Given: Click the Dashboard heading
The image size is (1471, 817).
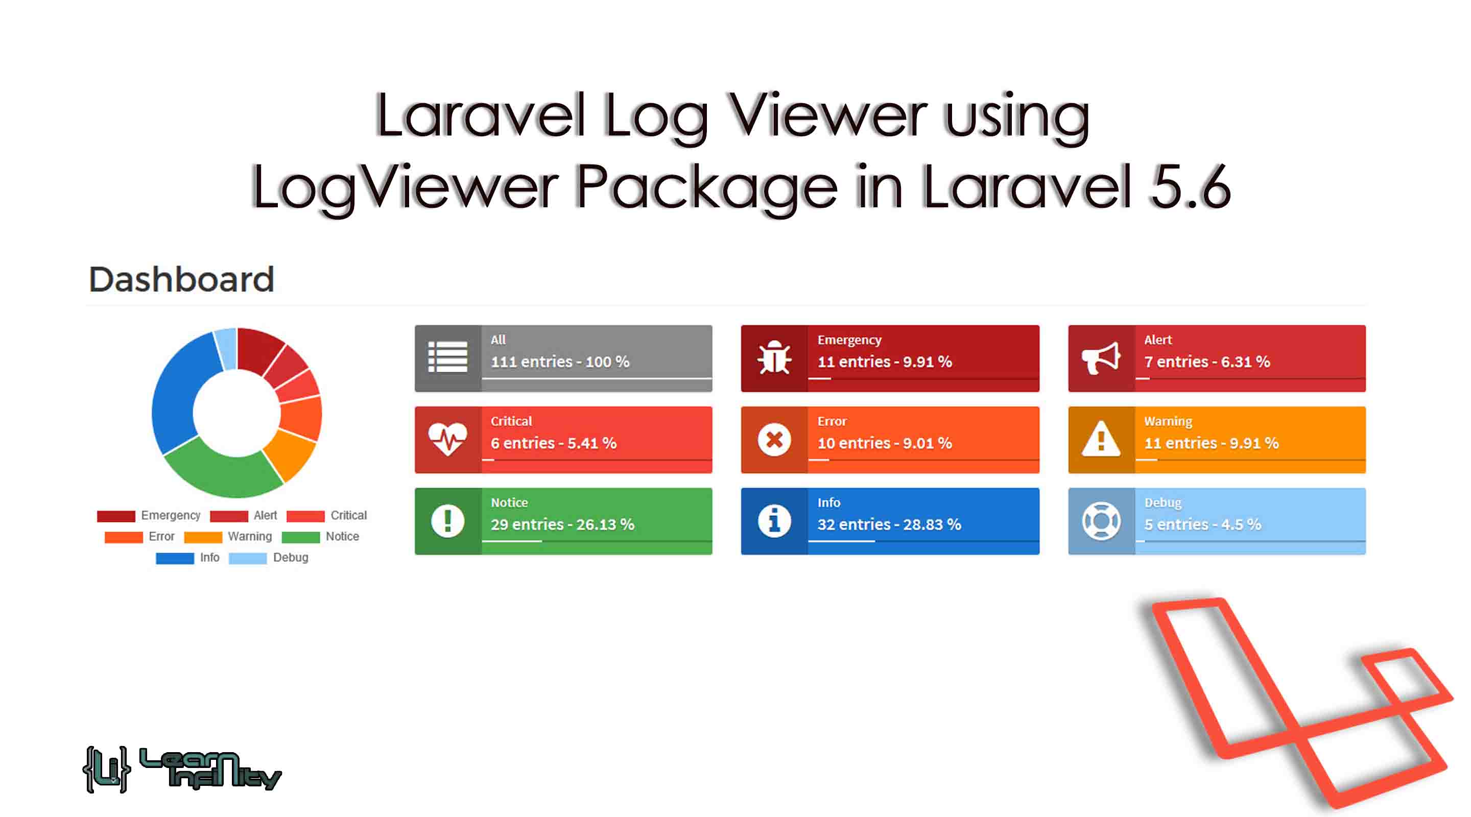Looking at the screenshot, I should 182,279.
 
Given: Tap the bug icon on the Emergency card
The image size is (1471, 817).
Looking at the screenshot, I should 774,358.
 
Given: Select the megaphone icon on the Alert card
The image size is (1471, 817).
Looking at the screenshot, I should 1100,358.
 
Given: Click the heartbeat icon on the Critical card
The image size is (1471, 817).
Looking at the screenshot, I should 448,439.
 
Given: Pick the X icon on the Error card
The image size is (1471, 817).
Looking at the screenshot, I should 774,440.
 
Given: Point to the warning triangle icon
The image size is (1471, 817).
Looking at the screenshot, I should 1100,439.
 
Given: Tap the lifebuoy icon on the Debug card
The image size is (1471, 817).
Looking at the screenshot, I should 1100,521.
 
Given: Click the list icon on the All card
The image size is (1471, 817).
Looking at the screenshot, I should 448,357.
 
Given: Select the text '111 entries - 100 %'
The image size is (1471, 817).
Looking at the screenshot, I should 560,362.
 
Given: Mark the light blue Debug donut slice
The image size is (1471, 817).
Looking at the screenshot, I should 226,348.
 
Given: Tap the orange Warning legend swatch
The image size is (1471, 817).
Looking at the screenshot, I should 203,537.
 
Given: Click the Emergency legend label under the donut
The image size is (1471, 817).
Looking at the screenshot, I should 170,516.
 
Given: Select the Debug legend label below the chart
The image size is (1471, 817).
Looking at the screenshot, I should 290,558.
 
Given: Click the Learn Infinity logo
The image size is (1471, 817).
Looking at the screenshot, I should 182,770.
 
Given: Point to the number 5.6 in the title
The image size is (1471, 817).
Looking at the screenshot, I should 1190,187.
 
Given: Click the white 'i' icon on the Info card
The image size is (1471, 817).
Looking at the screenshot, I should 774,521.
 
